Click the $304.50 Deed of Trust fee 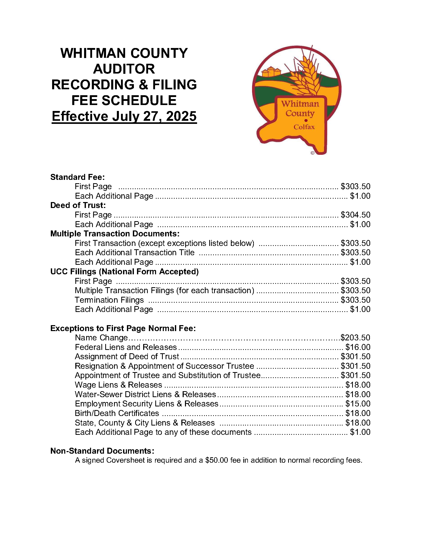[355, 215]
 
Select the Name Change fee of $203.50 [355, 338]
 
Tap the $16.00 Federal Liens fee [358, 347]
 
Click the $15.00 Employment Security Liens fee [358, 404]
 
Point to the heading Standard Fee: [77, 177]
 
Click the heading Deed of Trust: [78, 205]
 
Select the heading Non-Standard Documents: [102, 451]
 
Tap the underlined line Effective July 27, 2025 [124, 116]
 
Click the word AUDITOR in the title [124, 69]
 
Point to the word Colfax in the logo [304, 127]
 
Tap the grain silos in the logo [271, 71]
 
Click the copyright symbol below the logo [312, 153]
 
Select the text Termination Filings [109, 300]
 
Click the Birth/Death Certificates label [117, 413]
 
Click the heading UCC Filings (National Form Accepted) [124, 271]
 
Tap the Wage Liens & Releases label [118, 385]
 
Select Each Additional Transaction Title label [135, 252]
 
